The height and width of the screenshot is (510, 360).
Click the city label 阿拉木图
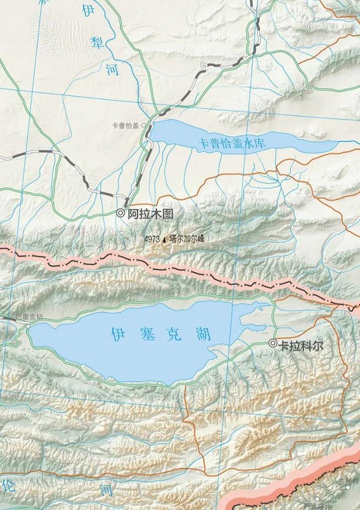[151, 214]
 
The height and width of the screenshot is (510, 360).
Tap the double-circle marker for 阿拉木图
[121, 213]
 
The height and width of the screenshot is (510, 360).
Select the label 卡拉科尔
[301, 345]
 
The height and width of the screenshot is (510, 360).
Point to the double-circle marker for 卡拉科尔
[273, 343]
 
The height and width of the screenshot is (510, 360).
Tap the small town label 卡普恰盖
[125, 126]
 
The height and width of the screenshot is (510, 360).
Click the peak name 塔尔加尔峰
[186, 239]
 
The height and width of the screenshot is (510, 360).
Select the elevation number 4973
[152, 239]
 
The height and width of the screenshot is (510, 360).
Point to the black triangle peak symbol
[164, 239]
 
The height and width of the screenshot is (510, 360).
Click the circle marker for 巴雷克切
[28, 326]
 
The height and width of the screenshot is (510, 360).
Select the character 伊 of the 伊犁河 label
[89, 11]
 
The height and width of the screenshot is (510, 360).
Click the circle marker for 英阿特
[348, 487]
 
